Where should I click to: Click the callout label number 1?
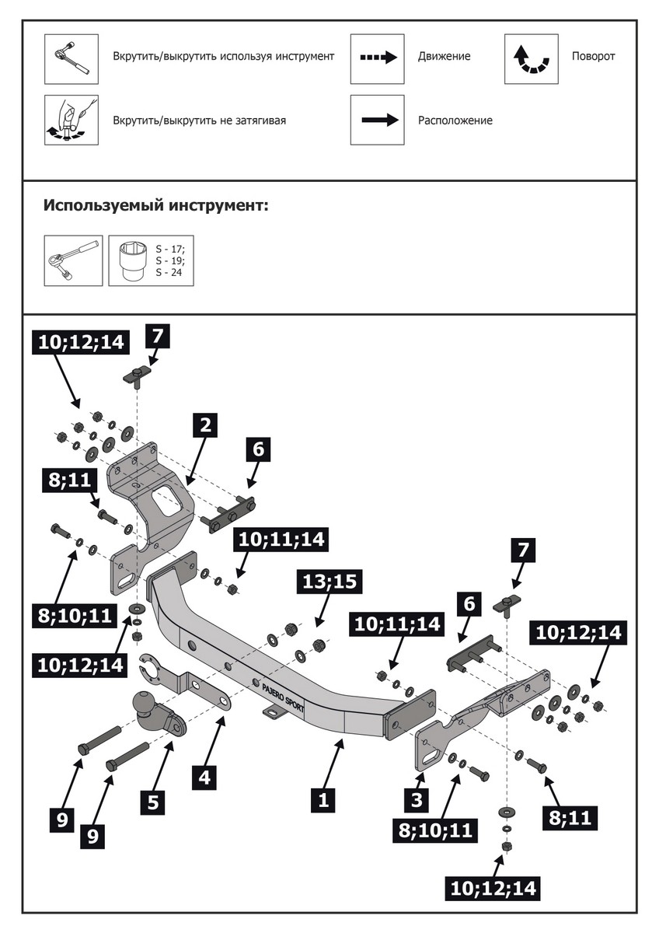click(323, 799)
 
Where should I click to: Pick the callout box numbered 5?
click(152, 802)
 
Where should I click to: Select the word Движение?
click(444, 57)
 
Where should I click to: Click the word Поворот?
click(593, 57)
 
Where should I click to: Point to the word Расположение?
click(455, 121)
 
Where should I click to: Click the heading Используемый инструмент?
click(155, 207)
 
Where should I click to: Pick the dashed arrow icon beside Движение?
click(377, 58)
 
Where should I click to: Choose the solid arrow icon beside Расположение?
click(377, 121)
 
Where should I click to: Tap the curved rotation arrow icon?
click(531, 58)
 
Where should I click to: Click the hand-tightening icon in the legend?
click(71, 121)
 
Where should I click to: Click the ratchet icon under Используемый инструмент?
click(71, 260)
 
